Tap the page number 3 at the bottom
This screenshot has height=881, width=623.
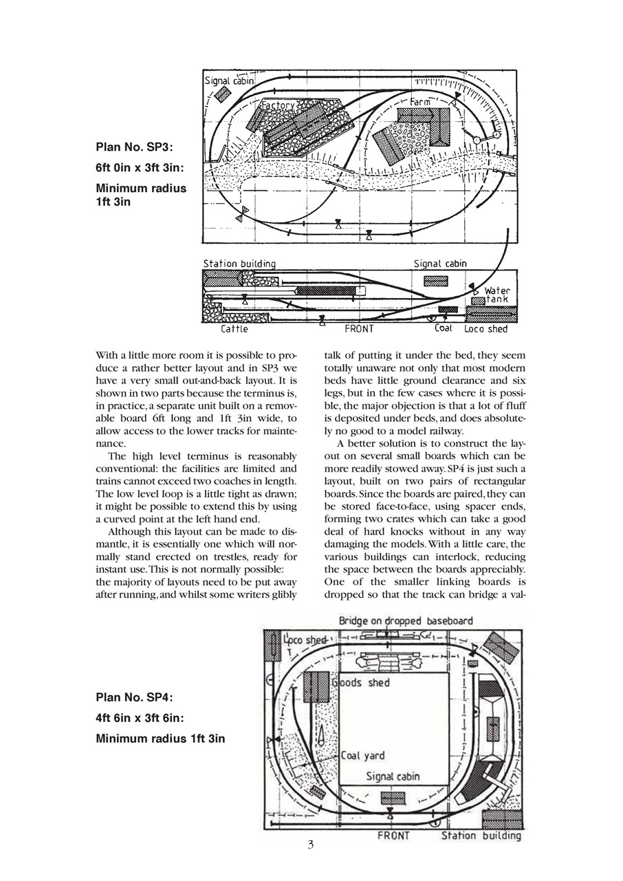point(311,845)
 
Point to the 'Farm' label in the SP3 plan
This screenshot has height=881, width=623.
point(420,102)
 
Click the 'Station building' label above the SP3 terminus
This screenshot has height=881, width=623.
point(239,264)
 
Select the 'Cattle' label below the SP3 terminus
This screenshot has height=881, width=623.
point(234,329)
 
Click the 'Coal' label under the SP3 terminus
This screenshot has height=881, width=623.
point(444,328)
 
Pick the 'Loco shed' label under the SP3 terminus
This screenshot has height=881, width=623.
point(485,329)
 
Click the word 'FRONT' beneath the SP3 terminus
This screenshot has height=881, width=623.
point(359,329)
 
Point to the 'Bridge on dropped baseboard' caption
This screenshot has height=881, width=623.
point(406,621)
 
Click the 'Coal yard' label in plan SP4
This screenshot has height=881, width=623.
point(363,756)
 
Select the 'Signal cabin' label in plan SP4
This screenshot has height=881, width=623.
point(393,776)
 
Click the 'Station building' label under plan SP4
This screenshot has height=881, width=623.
point(481,836)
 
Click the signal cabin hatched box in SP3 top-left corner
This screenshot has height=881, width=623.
point(222,94)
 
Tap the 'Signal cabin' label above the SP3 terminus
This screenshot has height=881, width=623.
point(440,264)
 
